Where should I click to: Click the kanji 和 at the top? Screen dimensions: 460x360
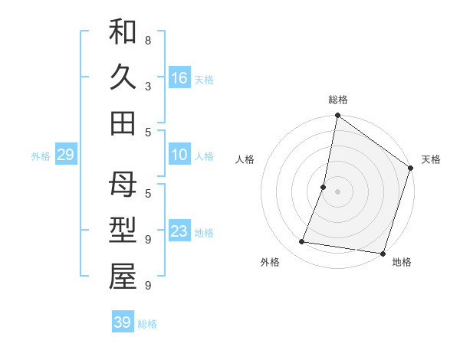point(123,32)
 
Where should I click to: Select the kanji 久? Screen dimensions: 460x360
point(123,78)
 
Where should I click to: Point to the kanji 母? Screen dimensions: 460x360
point(123,186)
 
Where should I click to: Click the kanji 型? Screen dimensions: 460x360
point(123,232)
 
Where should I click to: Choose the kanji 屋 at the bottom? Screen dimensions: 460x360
point(123,278)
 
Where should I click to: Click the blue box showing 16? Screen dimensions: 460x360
point(179,78)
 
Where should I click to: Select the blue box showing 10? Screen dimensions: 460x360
point(179,155)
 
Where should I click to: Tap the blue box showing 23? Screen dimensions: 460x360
point(179,232)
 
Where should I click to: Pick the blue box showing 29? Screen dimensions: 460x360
point(65,155)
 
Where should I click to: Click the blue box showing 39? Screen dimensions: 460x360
point(122,322)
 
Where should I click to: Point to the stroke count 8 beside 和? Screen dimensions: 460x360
point(148,40)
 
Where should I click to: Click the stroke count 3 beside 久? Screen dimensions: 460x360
point(148,86)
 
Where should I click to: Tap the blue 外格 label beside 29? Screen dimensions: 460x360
point(41,156)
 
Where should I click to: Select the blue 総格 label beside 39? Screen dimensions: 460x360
point(147,324)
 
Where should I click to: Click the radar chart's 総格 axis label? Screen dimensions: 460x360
point(338,100)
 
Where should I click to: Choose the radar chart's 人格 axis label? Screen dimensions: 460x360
point(245,159)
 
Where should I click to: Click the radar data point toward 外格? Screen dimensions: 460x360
point(302,242)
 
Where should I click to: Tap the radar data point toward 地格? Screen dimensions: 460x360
point(382,253)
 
